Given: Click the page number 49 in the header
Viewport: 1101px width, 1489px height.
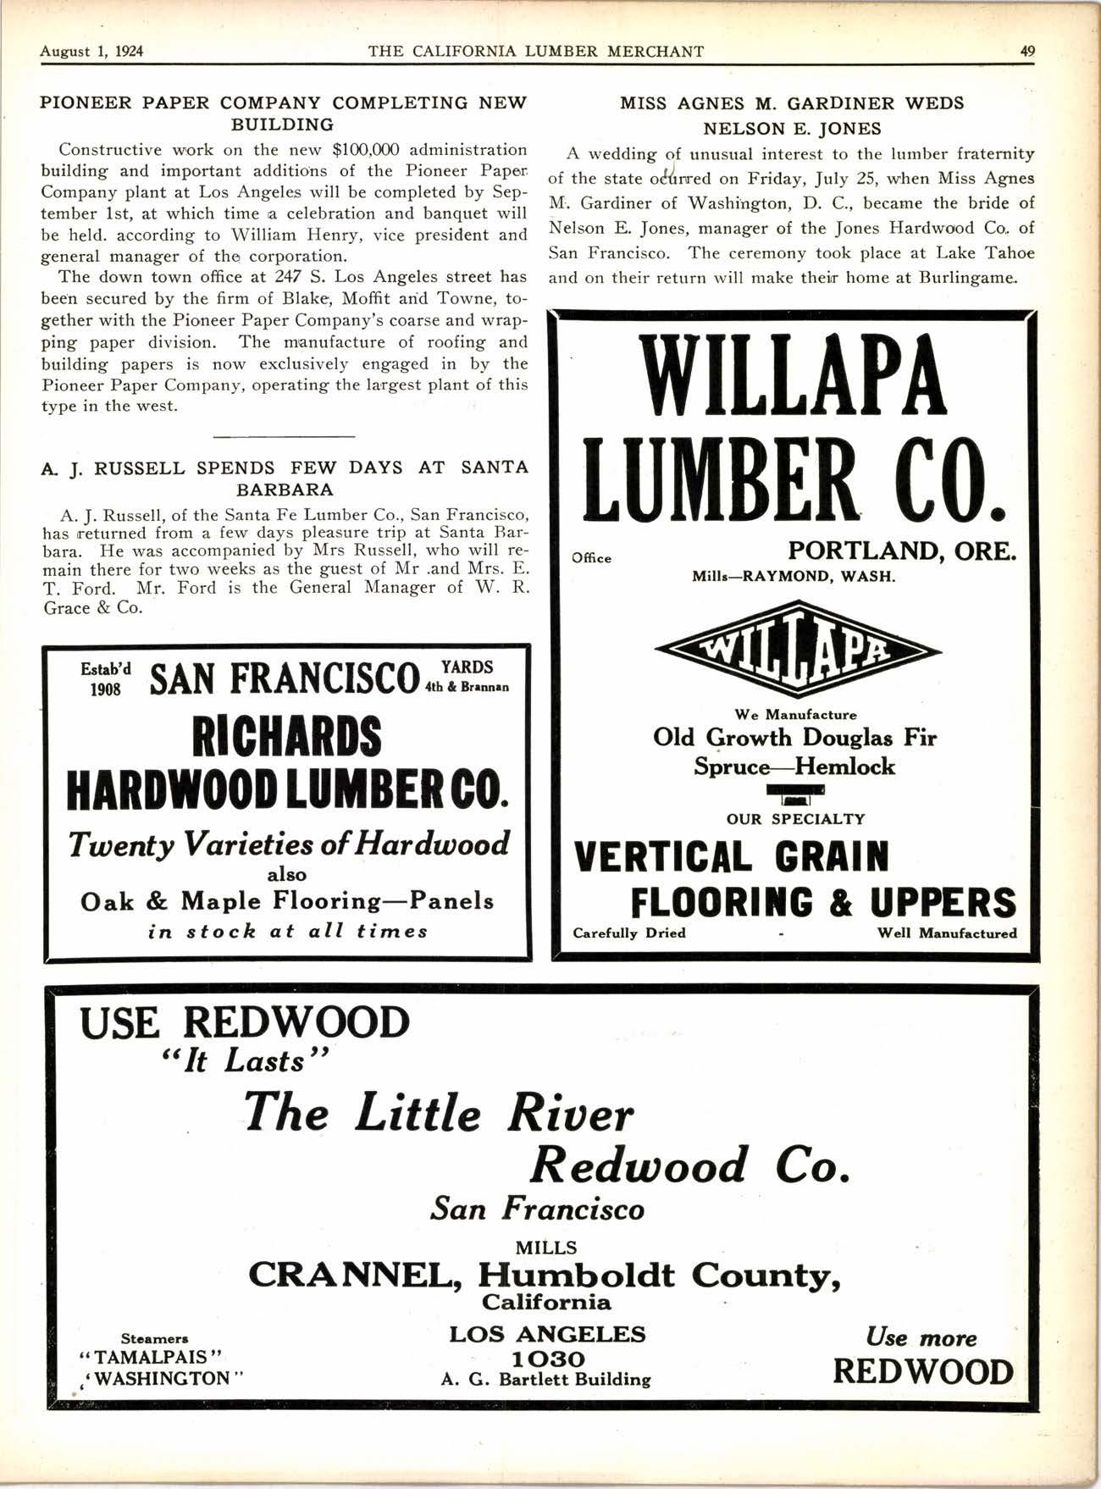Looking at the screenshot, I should point(1026,51).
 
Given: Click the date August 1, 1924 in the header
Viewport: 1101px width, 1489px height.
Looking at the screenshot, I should point(91,51).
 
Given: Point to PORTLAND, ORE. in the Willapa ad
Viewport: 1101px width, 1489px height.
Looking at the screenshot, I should point(902,551).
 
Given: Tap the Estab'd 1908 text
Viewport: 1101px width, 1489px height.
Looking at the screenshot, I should point(106,678).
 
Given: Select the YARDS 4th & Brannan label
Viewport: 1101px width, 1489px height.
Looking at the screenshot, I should point(467,677).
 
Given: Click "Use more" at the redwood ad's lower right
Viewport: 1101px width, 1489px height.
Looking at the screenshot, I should point(921,1338).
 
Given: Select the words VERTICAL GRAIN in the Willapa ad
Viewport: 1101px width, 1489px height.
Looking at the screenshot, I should point(732,857).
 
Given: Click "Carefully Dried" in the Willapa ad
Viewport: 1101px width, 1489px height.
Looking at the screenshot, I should point(629,933).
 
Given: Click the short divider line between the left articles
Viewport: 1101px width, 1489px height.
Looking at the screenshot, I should point(284,437).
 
